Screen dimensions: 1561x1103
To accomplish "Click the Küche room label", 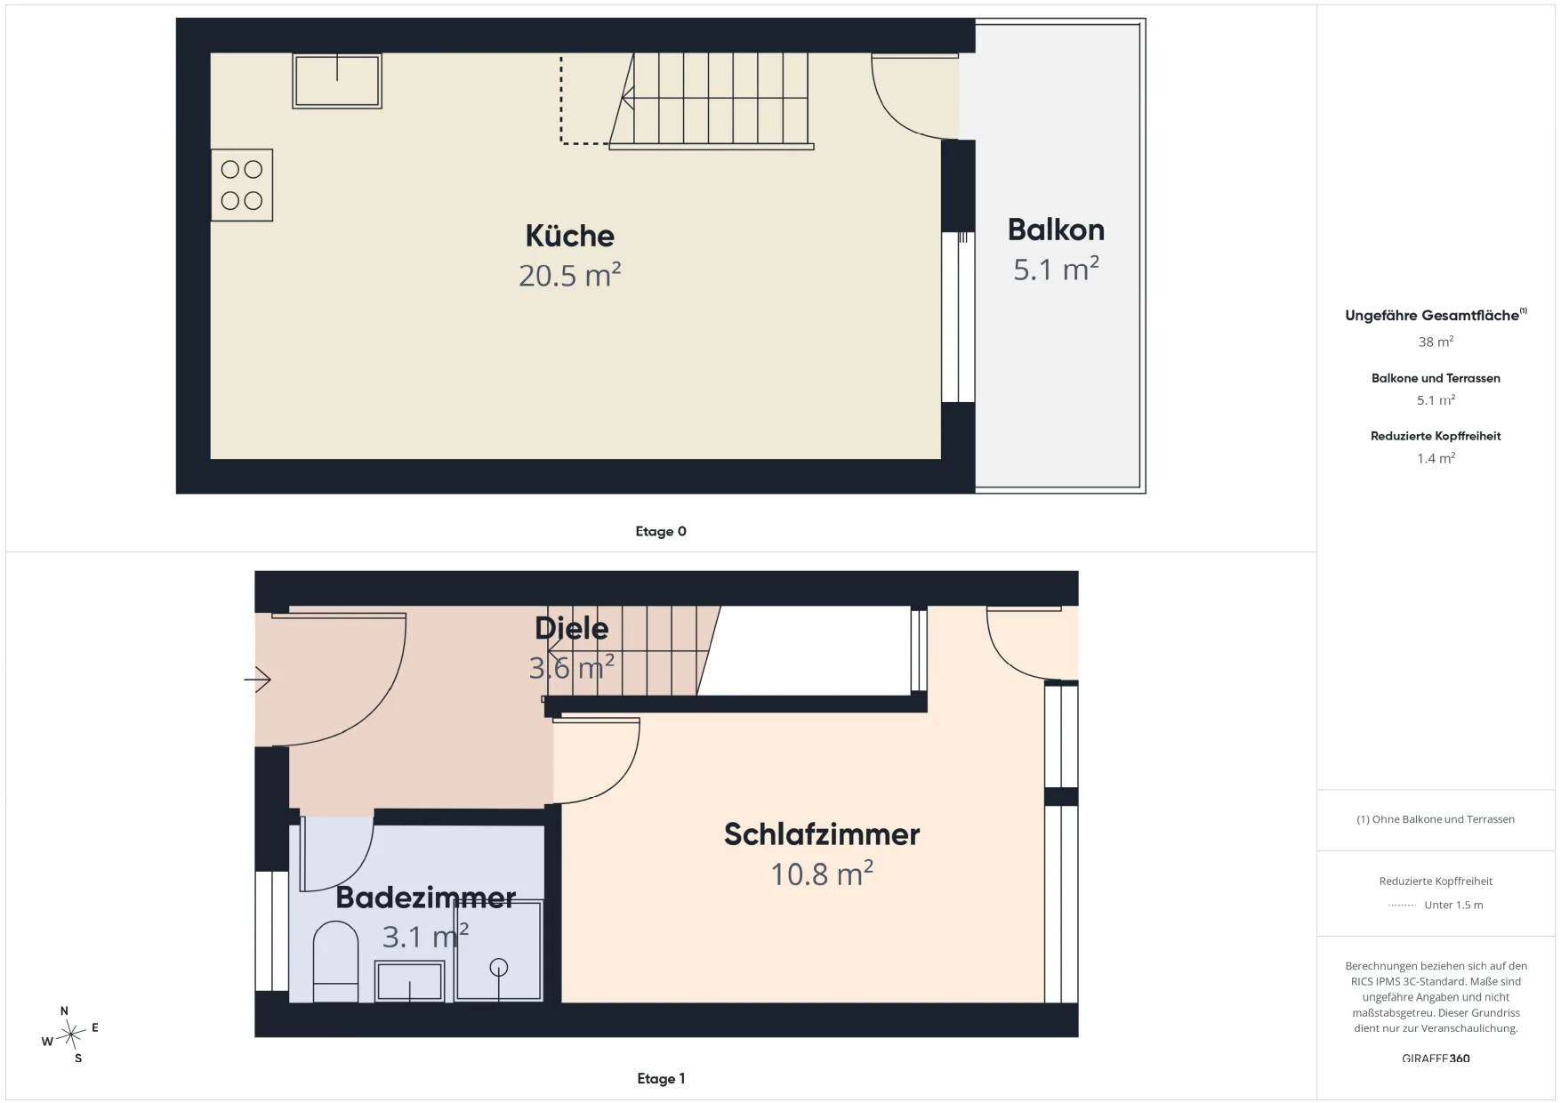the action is [x=569, y=236].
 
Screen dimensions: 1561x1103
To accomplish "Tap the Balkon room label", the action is [x=1056, y=229].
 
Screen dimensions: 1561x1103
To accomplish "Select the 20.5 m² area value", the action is [x=569, y=275].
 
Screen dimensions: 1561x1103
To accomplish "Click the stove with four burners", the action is [x=242, y=185].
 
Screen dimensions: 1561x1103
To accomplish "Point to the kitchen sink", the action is [x=337, y=81].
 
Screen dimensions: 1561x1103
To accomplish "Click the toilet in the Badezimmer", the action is [x=335, y=962].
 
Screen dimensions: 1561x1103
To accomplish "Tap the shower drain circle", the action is [x=499, y=967].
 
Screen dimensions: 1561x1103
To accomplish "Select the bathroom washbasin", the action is [x=409, y=981].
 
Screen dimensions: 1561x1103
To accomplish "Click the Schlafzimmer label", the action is [x=821, y=834].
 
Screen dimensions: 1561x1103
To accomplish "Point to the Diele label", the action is [x=571, y=628].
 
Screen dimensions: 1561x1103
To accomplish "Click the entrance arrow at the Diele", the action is [x=257, y=680].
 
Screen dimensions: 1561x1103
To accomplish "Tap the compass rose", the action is [x=70, y=1035].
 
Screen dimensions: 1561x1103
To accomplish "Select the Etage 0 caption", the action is [x=661, y=531].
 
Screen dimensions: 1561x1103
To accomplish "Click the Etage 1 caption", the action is [x=661, y=1078].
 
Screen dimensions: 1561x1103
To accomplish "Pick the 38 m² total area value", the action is [x=1436, y=342].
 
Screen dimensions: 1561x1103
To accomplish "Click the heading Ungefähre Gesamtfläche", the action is [x=1432, y=316].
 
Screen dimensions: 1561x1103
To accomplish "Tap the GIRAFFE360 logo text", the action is [x=1436, y=1059].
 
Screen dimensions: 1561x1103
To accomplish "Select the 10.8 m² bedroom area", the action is [x=821, y=874].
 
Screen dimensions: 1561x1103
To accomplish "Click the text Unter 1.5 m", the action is [x=1453, y=905].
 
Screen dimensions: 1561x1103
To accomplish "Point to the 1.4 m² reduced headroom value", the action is [x=1436, y=458].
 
